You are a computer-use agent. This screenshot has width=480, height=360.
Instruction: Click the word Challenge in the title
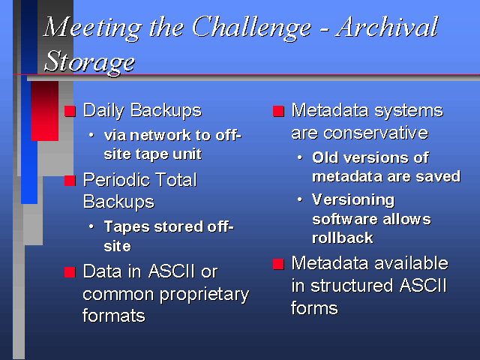pos(252,28)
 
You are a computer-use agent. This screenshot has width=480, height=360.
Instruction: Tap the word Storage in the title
pos(89,61)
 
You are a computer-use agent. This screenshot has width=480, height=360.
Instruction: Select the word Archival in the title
pos(387,27)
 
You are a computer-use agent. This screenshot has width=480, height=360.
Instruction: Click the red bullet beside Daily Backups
pos(70,111)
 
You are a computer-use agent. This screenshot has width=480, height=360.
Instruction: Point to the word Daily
pos(103,111)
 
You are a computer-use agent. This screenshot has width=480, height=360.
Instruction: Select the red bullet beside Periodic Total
pos(70,181)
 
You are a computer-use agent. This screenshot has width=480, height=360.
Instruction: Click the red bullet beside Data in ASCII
pos(70,271)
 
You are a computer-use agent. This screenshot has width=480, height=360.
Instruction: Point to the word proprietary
pos(205,295)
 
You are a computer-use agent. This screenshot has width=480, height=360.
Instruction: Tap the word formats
pos(114,316)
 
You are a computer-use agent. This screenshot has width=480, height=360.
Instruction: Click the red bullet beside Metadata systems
pos(278,111)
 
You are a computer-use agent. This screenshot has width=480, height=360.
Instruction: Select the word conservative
pos(376,133)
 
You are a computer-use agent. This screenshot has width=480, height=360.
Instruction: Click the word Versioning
pos(353,201)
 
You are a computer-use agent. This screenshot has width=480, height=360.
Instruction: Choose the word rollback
pos(343,238)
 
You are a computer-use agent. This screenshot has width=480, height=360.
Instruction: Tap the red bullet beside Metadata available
pos(278,264)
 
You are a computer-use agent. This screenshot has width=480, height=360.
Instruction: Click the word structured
pos(352,286)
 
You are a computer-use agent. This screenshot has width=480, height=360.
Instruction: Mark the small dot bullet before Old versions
pos(300,158)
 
